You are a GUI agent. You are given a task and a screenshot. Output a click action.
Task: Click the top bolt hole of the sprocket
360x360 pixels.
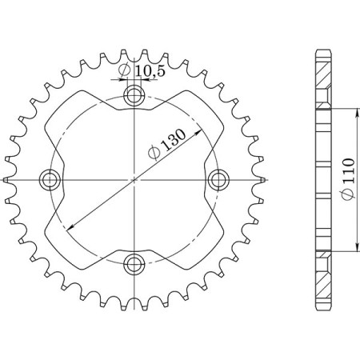pyautogui.click(x=134, y=98)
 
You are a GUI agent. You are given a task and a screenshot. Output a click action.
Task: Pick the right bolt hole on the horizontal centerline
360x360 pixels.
pyautogui.click(x=216, y=179)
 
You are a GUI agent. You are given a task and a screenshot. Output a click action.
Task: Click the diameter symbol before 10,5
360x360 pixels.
pyautogui.click(x=125, y=72)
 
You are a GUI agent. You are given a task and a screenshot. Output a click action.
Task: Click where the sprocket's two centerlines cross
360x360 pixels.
pyautogui.click(x=134, y=179)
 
